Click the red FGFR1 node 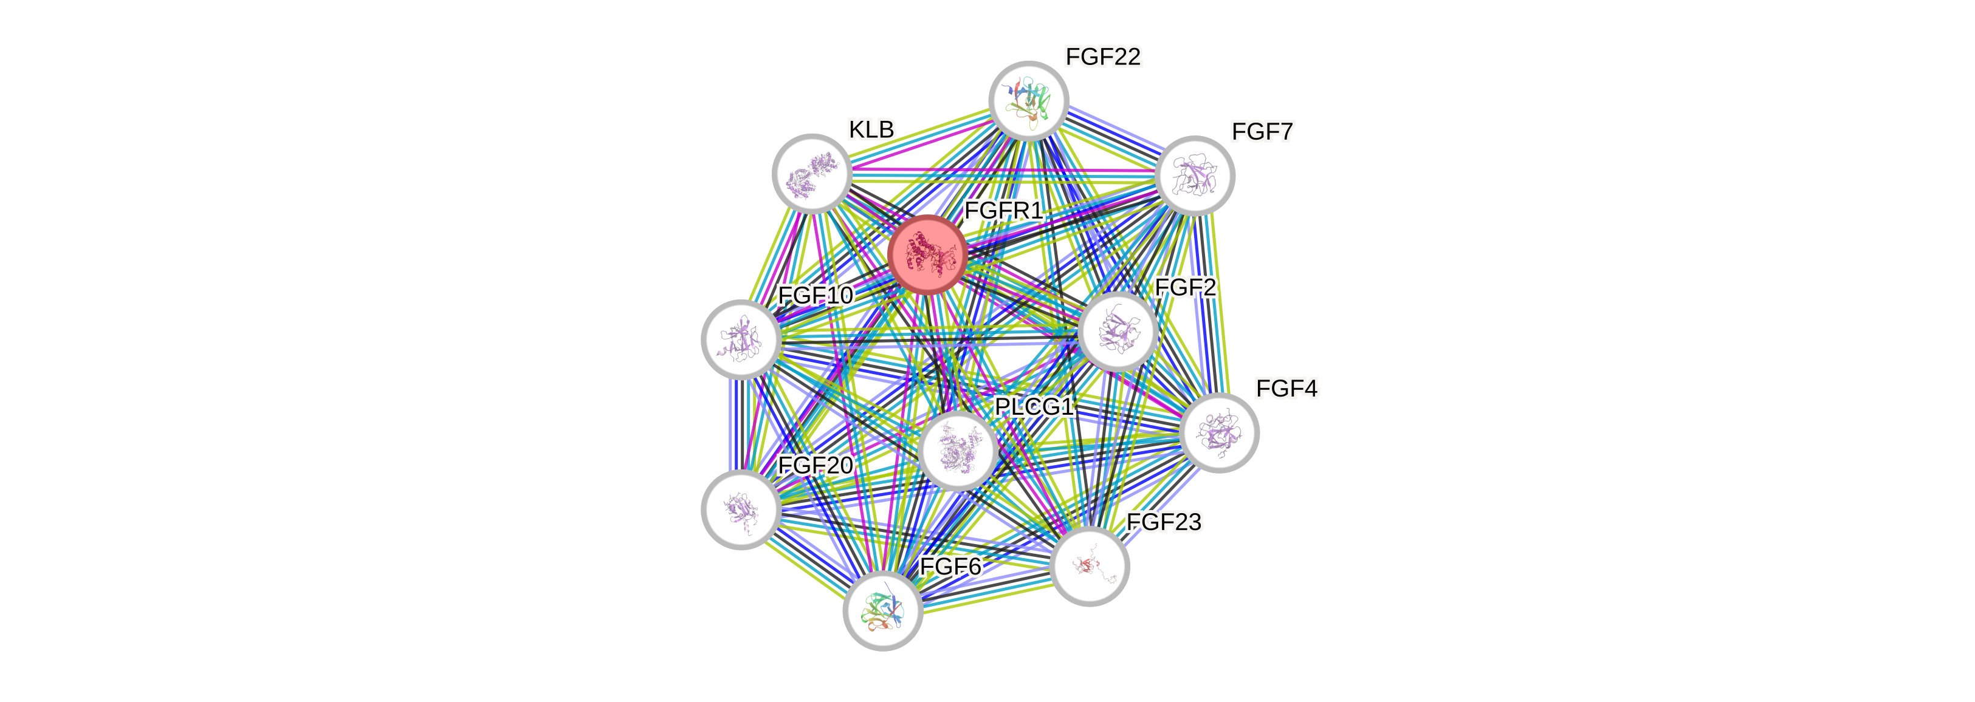point(927,254)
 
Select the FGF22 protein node point(1028,100)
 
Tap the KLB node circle point(812,174)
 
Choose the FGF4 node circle point(1219,433)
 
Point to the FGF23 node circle point(1089,567)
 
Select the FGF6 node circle point(882,611)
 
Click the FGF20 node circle point(741,509)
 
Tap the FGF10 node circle point(741,339)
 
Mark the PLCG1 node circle point(958,451)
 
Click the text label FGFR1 point(1003,210)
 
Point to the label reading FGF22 point(1104,56)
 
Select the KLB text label point(871,129)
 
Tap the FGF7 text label point(1262,132)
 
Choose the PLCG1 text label point(1034,406)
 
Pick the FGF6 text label point(950,567)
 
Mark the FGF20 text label point(815,465)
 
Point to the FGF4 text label point(1286,389)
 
